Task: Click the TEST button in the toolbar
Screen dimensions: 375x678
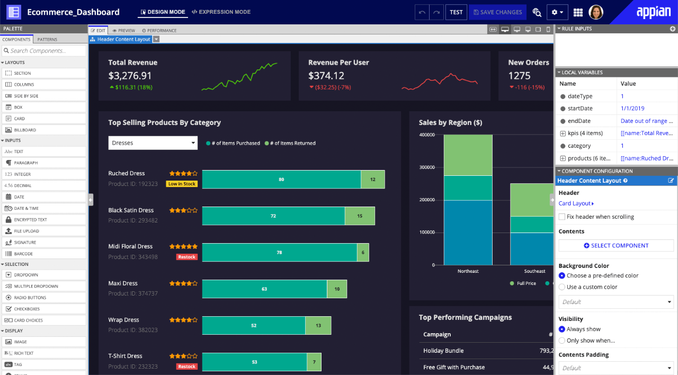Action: [x=456, y=12]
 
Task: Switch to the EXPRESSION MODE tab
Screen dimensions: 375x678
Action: [x=221, y=12]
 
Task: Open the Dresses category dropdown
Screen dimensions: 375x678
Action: [x=153, y=143]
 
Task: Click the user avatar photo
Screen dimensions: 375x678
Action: [x=596, y=12]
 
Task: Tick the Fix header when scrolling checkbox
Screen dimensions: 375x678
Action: [x=562, y=217]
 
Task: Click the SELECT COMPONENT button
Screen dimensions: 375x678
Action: [x=616, y=246]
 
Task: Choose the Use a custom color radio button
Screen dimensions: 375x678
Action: [x=562, y=287]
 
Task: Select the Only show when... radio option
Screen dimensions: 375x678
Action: [x=562, y=341]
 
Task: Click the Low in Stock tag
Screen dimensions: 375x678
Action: [x=182, y=184]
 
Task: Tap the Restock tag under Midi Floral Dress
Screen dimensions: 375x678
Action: [x=186, y=257]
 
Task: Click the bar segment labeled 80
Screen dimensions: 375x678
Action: [x=281, y=180]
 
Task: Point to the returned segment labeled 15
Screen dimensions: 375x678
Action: [x=360, y=216]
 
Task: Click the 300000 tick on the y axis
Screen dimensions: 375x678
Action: [x=426, y=167]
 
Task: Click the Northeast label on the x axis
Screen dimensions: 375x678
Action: [x=468, y=271]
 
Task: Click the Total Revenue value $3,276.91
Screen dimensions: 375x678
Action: [x=130, y=76]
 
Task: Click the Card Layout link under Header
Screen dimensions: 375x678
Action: [x=576, y=203]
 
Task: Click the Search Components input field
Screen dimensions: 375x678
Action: [x=44, y=51]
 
